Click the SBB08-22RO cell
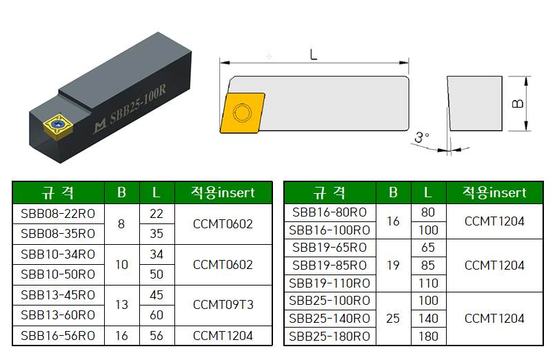58,214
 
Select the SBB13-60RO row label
58,315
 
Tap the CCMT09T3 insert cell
223,305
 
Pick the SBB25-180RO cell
330,337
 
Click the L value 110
428,283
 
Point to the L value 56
156,336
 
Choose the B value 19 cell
393,266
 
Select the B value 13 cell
121,305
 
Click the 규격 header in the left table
58,193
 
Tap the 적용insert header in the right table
494,192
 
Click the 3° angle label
421,138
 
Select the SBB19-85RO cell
330,266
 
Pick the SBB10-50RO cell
58,274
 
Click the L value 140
428,319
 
